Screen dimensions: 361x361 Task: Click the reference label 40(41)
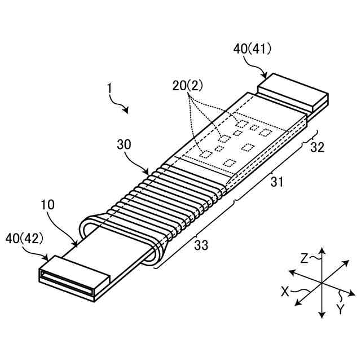[252, 49]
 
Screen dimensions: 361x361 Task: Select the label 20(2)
[188, 86]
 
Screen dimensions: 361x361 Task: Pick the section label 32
[318, 148]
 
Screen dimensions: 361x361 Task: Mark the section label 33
[201, 245]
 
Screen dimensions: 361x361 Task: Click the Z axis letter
[304, 259]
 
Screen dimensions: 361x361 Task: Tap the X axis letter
[285, 292]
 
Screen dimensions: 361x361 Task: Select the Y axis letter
[340, 309]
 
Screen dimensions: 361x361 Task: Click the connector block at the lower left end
[73, 277]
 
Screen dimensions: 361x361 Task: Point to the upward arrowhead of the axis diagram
[321, 250]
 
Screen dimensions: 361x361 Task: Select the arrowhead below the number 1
[127, 111]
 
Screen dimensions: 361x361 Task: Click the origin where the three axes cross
[321, 283]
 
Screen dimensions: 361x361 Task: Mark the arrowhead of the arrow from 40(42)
[48, 257]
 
